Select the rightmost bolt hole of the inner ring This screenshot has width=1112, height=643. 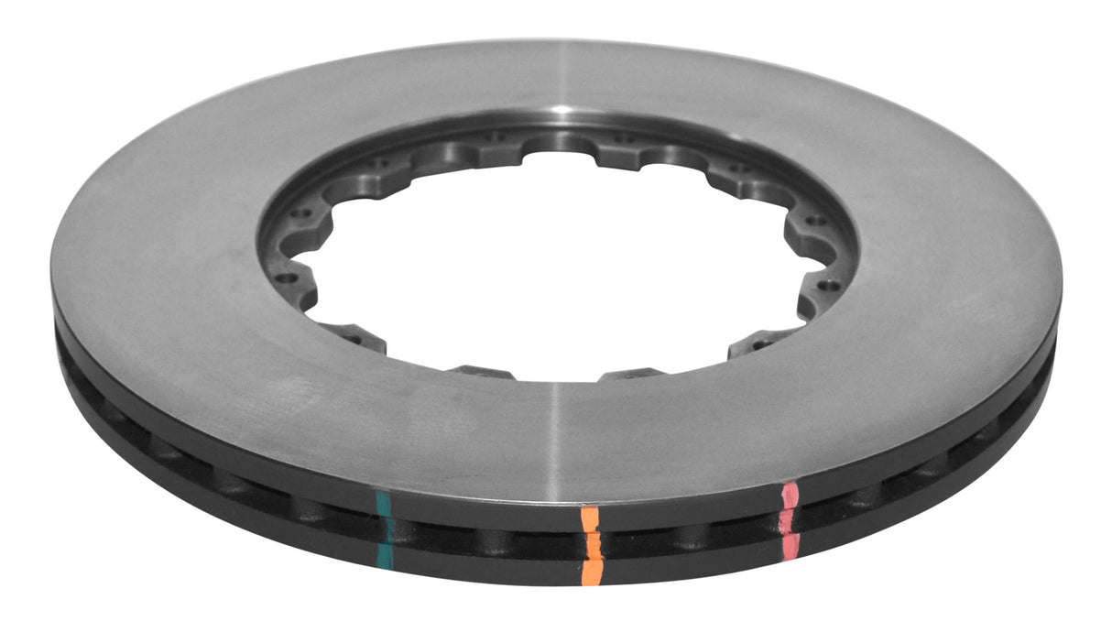[830, 285]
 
